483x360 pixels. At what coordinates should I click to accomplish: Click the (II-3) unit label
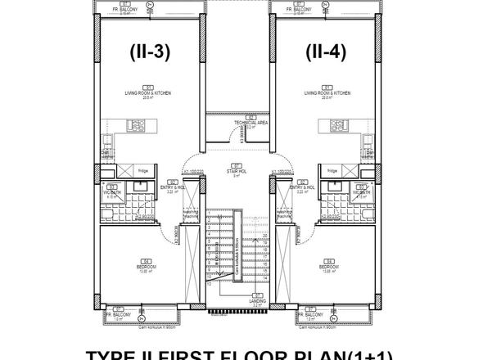150,52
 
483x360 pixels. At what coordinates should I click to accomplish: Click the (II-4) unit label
327,52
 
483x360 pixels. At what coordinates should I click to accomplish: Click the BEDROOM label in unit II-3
147,268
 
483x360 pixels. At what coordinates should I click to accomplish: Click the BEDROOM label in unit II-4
328,268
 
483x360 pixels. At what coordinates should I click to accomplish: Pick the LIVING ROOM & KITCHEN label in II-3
148,93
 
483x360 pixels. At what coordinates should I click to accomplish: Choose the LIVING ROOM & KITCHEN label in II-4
327,93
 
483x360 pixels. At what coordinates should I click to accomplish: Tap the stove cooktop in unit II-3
137,127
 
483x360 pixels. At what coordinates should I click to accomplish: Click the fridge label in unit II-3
142,170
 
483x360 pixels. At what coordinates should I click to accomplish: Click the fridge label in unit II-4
332,170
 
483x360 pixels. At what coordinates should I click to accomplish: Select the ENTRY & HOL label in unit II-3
173,187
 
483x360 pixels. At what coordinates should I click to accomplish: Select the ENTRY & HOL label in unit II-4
303,187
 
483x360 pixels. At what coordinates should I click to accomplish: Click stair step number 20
264,235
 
